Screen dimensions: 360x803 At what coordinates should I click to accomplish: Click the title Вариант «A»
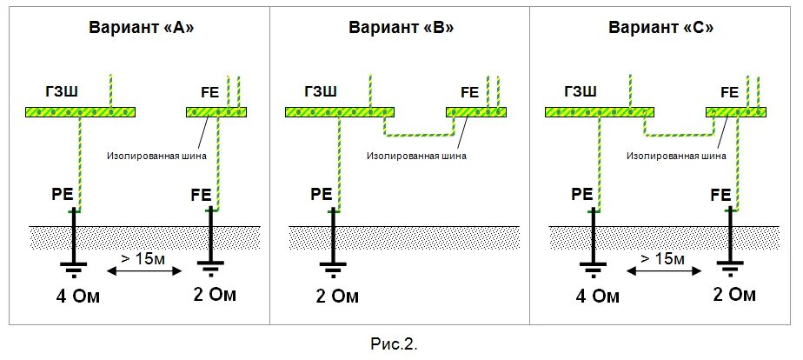point(141,27)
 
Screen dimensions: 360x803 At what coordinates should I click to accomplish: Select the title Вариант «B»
point(401,27)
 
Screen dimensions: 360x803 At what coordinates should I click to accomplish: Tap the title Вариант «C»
point(660,27)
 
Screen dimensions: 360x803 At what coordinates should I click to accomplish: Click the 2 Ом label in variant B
point(334,297)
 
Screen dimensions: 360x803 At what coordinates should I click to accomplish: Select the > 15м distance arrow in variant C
point(663,271)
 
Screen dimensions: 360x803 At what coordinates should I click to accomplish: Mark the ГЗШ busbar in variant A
point(81,112)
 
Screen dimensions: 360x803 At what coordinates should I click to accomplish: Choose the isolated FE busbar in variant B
point(475,112)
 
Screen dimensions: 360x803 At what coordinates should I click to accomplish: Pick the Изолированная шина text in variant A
point(156,157)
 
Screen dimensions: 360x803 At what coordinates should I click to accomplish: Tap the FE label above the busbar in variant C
point(729,91)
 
